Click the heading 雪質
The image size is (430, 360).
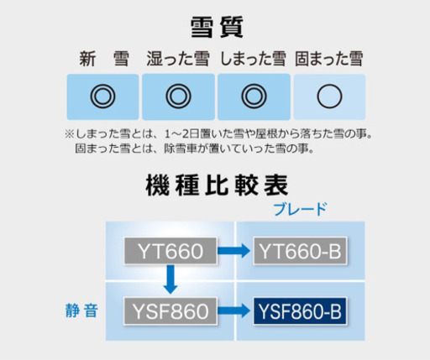click(217, 27)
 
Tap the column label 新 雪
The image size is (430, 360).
click(104, 59)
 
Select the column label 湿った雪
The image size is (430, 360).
click(178, 59)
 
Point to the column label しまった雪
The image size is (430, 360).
click(254, 59)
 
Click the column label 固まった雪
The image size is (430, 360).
click(329, 59)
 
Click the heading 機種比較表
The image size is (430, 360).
click(217, 185)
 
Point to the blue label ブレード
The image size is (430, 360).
click(300, 209)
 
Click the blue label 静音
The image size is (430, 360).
click(81, 310)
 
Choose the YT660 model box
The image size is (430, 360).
click(170, 251)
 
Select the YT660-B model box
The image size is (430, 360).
click(300, 251)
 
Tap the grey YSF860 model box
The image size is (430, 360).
click(170, 311)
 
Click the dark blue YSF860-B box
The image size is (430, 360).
click(300, 311)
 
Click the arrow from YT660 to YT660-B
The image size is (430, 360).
click(233, 251)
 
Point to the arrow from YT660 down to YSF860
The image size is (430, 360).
click(170, 279)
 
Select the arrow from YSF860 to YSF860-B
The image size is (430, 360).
click(233, 310)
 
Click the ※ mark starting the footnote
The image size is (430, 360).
click(69, 134)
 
